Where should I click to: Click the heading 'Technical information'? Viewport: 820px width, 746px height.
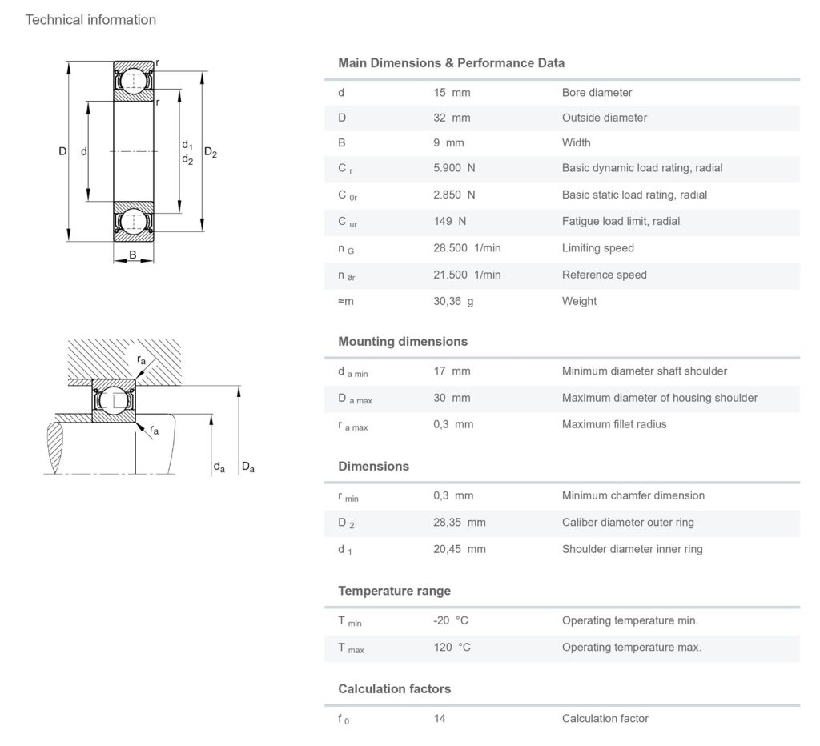tap(90, 20)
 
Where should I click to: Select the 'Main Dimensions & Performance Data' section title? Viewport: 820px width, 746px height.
tap(451, 63)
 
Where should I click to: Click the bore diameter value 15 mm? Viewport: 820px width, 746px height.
tap(452, 93)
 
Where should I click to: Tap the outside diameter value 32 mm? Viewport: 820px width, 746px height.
tap(452, 118)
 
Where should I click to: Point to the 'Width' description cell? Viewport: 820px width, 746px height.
tap(576, 143)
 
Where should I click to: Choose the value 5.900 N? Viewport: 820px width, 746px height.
tap(454, 169)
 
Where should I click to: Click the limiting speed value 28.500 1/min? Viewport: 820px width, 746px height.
tap(467, 248)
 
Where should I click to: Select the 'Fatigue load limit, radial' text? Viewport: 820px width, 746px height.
tap(621, 221)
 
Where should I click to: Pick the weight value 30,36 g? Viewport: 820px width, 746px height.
tap(453, 302)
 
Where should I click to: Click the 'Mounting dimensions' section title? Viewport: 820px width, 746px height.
tap(403, 342)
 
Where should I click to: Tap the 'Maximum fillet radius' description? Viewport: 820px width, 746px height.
tap(614, 424)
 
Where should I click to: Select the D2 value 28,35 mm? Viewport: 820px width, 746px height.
tap(460, 523)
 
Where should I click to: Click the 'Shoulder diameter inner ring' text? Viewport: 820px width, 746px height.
tap(633, 549)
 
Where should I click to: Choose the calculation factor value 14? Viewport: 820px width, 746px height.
tap(440, 719)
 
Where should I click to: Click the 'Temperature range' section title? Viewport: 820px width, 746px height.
tap(394, 592)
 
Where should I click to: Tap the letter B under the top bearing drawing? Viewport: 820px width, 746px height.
tap(133, 255)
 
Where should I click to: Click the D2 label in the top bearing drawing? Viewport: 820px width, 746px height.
tap(211, 152)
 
